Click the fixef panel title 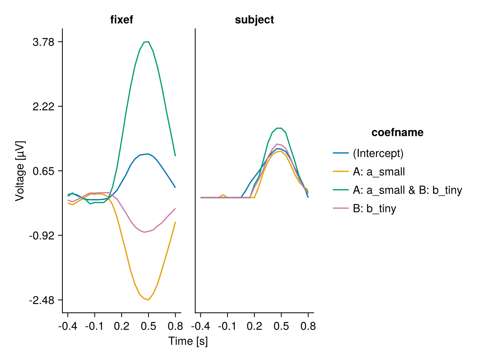(x=122, y=20)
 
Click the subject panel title (x=254, y=20)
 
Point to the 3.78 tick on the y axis (x=44, y=42)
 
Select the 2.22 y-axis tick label (x=44, y=106)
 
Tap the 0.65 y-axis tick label (x=44, y=171)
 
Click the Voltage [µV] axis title (x=20, y=171)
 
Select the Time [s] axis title (x=188, y=341)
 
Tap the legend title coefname (x=397, y=133)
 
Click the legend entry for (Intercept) (x=378, y=153)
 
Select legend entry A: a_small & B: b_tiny (x=407, y=190)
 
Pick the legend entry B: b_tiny (x=374, y=209)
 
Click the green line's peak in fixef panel (x=148, y=42)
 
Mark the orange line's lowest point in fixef (x=148, y=300)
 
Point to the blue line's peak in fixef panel (x=148, y=154)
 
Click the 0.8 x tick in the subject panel (x=308, y=326)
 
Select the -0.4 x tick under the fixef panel (x=68, y=326)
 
